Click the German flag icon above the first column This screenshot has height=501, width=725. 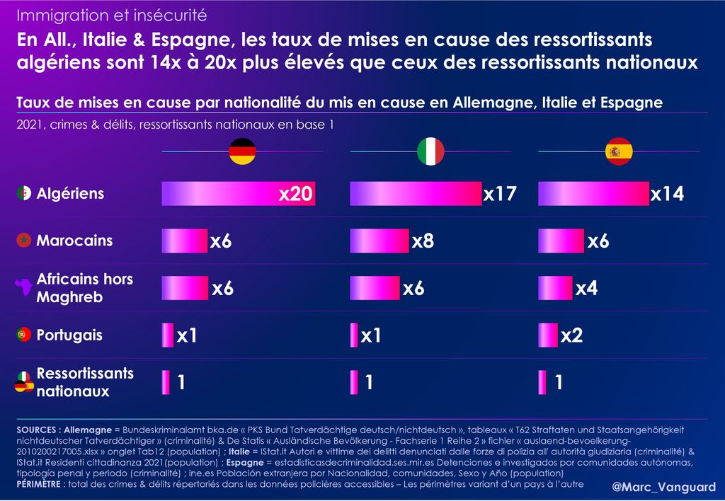tap(242, 151)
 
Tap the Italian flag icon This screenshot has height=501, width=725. tap(430, 151)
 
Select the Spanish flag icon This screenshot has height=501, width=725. tap(619, 151)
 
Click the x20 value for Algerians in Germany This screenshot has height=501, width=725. tap(295, 194)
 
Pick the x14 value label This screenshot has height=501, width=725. tap(667, 194)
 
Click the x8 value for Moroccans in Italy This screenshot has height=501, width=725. tap(423, 241)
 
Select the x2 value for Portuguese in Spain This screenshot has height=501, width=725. tap(571, 335)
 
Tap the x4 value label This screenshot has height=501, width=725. tap(586, 288)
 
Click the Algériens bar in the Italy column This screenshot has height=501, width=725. tap(415, 194)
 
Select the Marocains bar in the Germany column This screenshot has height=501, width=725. tap(184, 241)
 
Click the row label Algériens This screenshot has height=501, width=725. tap(70, 193)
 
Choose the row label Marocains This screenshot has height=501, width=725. tap(74, 241)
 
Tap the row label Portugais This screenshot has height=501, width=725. tap(69, 335)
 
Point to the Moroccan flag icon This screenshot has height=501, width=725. tap(24, 241)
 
